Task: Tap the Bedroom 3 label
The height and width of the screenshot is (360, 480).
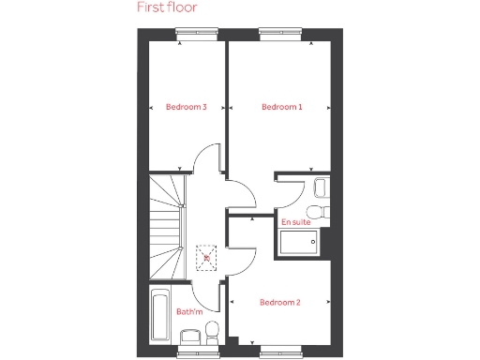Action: [x=186, y=107]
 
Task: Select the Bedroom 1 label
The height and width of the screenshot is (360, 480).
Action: [x=282, y=107]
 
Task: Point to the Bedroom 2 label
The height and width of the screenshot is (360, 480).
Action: [x=279, y=302]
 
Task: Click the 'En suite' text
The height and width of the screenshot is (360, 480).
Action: [x=295, y=221]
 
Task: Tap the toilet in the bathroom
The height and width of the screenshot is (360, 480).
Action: [x=212, y=332]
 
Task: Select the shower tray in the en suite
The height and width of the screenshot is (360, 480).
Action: [x=299, y=241]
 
